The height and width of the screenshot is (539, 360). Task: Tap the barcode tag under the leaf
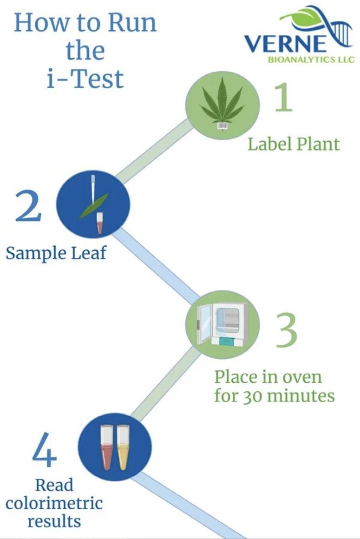(x=223, y=125)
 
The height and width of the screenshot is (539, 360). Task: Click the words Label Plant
(x=294, y=144)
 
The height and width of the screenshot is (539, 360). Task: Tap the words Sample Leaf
(x=56, y=253)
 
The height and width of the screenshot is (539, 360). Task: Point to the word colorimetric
(x=54, y=503)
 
